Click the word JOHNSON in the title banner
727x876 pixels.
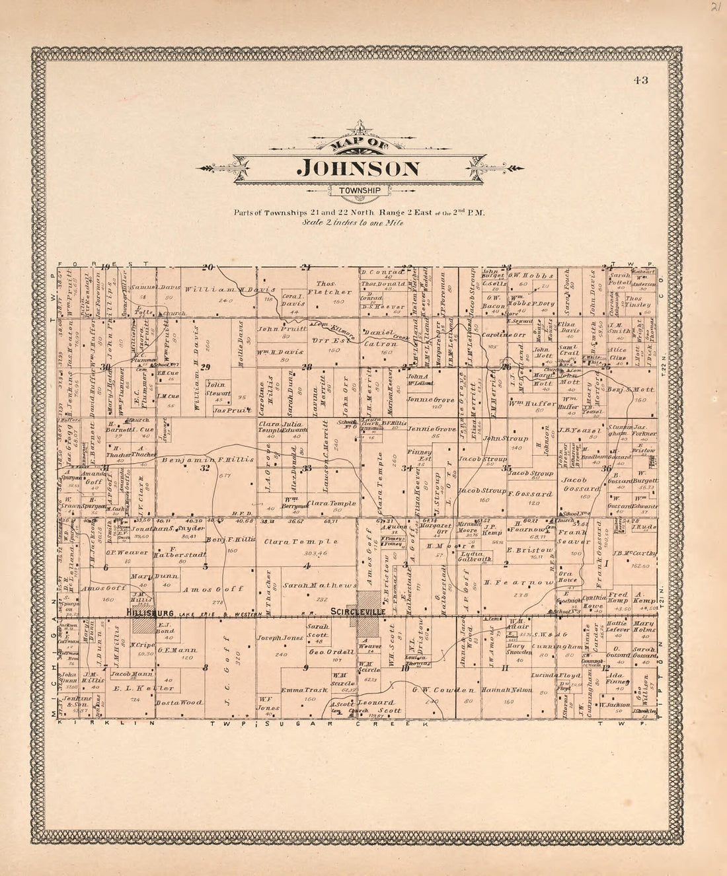click(359, 168)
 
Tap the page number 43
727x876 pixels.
click(640, 81)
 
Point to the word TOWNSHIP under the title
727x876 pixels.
click(359, 191)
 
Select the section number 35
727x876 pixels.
click(507, 468)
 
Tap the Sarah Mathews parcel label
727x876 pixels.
click(310, 585)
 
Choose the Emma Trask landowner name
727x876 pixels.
click(303, 690)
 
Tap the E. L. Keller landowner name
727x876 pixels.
click(133, 688)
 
